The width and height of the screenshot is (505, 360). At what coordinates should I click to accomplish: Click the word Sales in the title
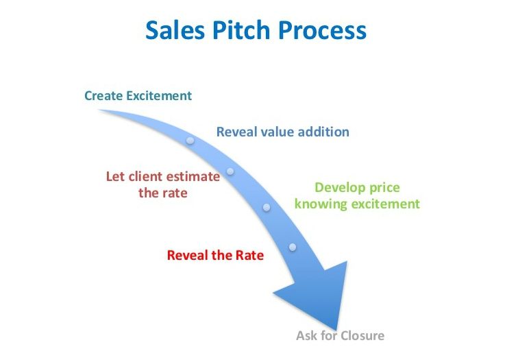coord(175,30)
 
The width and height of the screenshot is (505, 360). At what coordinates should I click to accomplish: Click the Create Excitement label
coord(138,96)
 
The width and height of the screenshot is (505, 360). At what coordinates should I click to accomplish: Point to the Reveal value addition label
coord(283,132)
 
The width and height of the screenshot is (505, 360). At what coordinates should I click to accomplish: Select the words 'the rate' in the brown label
coord(163,193)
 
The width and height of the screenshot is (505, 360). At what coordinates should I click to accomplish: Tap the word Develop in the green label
coord(338,188)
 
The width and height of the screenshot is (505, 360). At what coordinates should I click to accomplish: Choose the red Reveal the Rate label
coord(215,255)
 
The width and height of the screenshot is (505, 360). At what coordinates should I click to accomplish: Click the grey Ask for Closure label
coord(340,335)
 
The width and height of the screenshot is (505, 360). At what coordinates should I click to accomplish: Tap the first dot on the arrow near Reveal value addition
coord(190,141)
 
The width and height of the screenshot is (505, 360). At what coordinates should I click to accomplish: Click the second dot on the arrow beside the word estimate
coord(230,171)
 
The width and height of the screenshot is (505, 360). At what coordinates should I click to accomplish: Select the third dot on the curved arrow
coord(267,207)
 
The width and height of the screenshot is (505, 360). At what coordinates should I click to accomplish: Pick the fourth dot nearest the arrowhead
coord(293,247)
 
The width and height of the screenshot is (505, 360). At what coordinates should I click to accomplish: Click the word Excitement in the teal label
coord(159,96)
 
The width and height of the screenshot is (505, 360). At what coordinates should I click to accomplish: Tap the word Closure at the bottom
coord(362,335)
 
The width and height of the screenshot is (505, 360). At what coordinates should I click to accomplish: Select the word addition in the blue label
coord(323,132)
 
